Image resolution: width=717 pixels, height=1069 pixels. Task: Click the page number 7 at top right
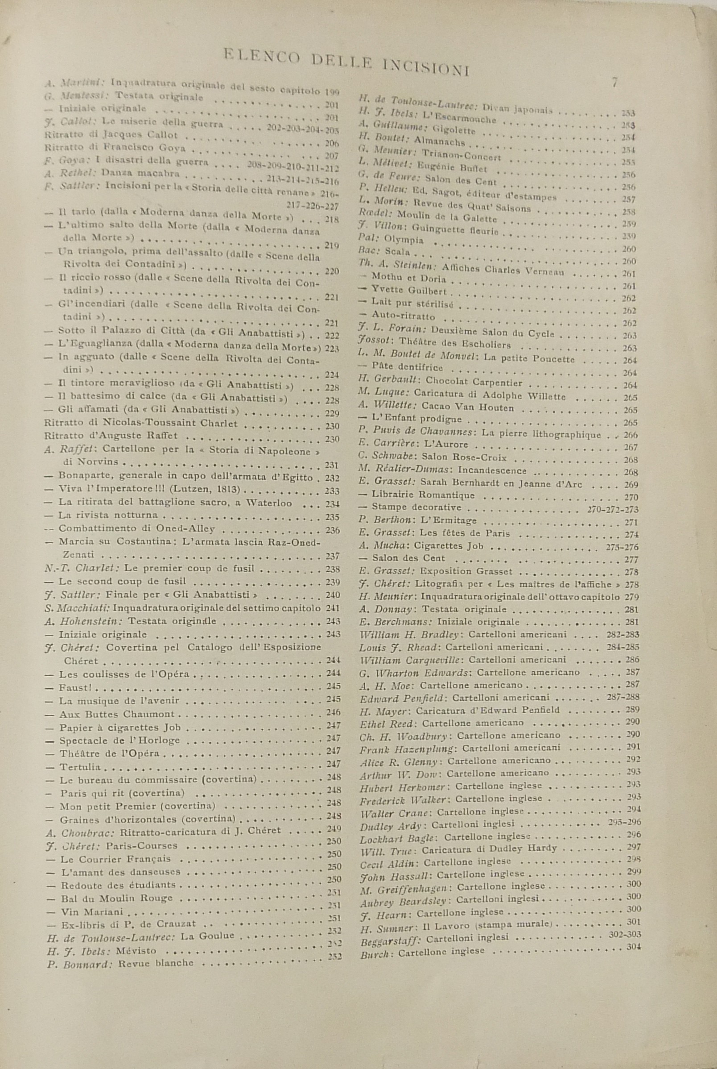pyautogui.click(x=615, y=83)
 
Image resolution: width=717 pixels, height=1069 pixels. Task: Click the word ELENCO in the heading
pyautogui.click(x=262, y=56)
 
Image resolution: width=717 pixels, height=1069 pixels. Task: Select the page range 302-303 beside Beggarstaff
pyautogui.click(x=625, y=921)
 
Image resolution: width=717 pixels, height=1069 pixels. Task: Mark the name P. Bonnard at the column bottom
pyautogui.click(x=78, y=963)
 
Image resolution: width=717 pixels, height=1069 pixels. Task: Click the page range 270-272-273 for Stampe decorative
pyautogui.click(x=613, y=509)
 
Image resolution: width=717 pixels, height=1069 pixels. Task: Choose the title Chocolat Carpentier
pyautogui.click(x=474, y=382)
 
